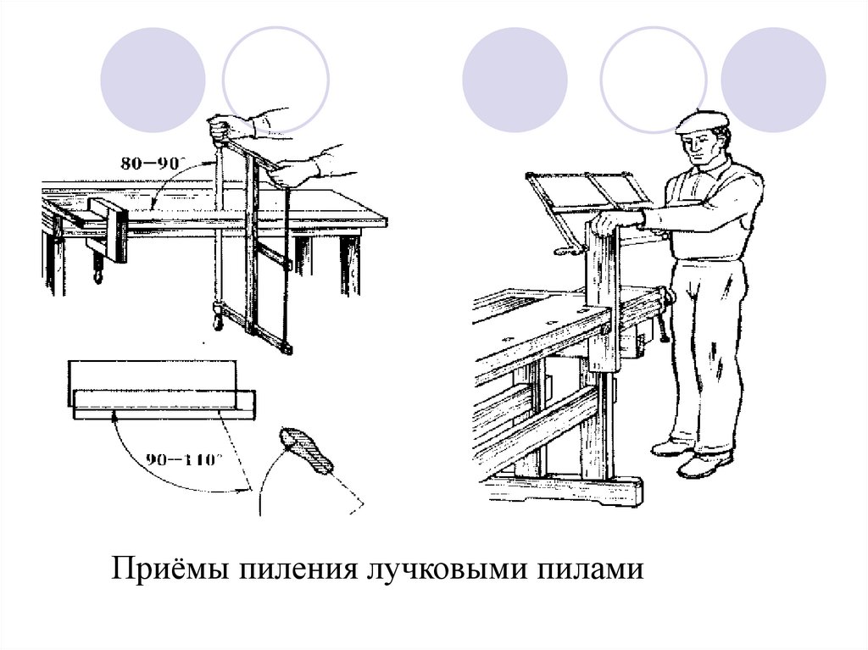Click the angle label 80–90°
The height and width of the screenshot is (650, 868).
(153, 164)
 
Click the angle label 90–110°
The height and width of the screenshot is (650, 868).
(184, 459)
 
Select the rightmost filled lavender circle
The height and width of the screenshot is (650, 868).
(773, 80)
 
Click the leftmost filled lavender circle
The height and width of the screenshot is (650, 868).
(153, 80)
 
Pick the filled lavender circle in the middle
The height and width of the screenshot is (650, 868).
(515, 80)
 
